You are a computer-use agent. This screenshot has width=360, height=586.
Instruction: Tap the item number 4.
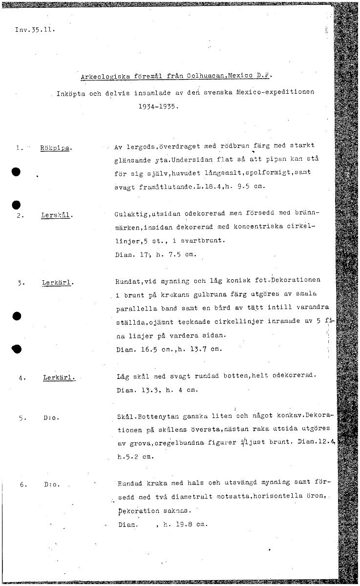[22, 377]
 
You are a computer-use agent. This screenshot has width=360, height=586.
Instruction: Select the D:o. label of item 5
[51, 418]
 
